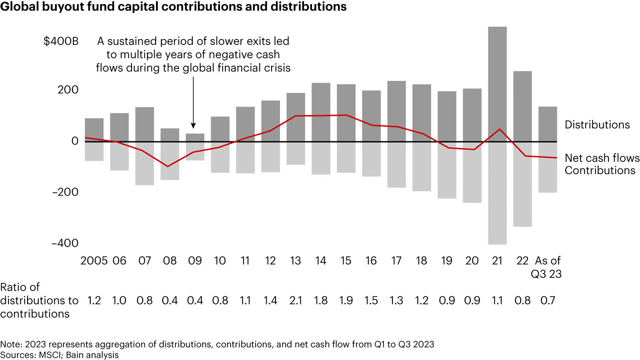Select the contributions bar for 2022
click(x=522, y=184)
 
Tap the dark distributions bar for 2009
click(x=195, y=137)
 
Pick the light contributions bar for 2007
click(x=144, y=163)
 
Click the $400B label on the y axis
click(x=61, y=42)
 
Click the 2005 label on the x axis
click(x=94, y=261)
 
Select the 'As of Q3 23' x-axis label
click(x=547, y=267)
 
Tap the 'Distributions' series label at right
click(x=597, y=125)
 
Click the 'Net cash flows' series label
click(x=602, y=158)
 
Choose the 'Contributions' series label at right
click(x=600, y=170)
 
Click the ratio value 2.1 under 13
click(x=296, y=301)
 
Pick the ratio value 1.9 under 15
click(x=346, y=301)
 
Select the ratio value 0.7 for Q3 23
click(x=547, y=301)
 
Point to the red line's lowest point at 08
click(x=168, y=166)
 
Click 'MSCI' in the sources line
click(x=42, y=355)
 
